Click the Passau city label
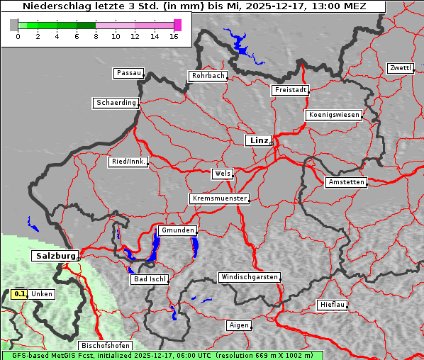coord(128,73)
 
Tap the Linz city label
coord(258,140)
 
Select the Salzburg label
coord(55,255)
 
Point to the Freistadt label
coord(290,90)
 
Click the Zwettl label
coord(400,68)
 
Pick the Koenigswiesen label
coord(333,115)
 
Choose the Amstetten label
coord(345,182)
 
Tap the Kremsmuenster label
coord(219,198)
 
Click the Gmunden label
coord(177,230)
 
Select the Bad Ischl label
coord(149,279)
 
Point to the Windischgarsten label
coord(248,277)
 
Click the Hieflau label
coord(333,305)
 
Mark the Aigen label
coord(239,325)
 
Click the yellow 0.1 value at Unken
coord(20,293)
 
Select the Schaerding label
coord(116,103)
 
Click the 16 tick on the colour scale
coord(174,36)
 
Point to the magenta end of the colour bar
coord(177,25)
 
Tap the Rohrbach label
coord(207,76)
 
